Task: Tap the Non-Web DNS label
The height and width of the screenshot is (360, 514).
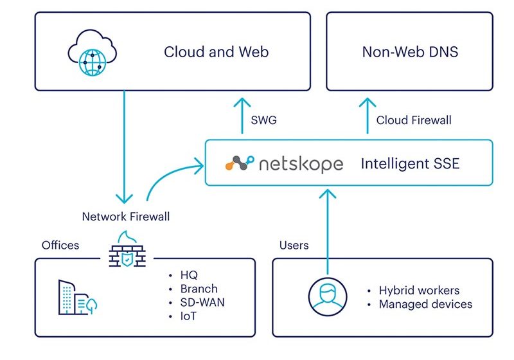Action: pyautogui.click(x=410, y=51)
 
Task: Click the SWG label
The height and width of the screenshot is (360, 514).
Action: pyautogui.click(x=265, y=120)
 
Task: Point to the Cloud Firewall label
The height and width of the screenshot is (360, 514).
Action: pyautogui.click(x=414, y=120)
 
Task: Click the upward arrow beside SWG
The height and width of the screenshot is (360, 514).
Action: pyautogui.click(x=242, y=116)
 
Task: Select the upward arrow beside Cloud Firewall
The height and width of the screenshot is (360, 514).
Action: pyautogui.click(x=367, y=116)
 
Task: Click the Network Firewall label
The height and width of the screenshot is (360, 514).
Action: pyautogui.click(x=126, y=217)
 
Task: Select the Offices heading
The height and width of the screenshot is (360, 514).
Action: pyautogui.click(x=60, y=245)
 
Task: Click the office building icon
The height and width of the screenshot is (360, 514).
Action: pyautogui.click(x=76, y=297)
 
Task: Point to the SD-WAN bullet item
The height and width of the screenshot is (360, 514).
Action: pyautogui.click(x=199, y=302)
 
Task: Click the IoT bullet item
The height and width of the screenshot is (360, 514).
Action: pyautogui.click(x=189, y=316)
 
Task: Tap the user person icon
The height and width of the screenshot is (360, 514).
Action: pyautogui.click(x=327, y=296)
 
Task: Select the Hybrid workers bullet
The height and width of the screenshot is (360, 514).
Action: pyautogui.click(x=419, y=290)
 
